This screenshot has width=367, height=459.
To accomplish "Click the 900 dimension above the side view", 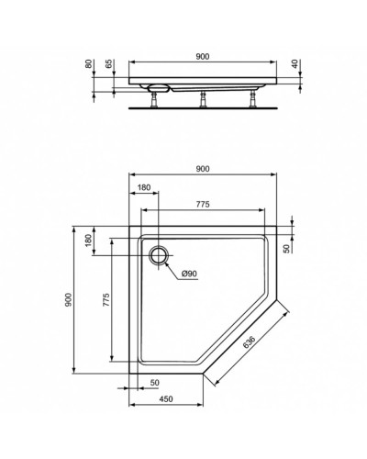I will click(x=203, y=56).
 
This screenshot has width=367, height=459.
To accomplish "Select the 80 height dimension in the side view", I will click(x=89, y=66).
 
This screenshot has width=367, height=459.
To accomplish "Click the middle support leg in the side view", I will click(x=201, y=98).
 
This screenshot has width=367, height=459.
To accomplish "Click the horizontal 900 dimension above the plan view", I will click(x=203, y=168).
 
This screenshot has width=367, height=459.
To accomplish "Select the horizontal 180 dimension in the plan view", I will click(x=144, y=187).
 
